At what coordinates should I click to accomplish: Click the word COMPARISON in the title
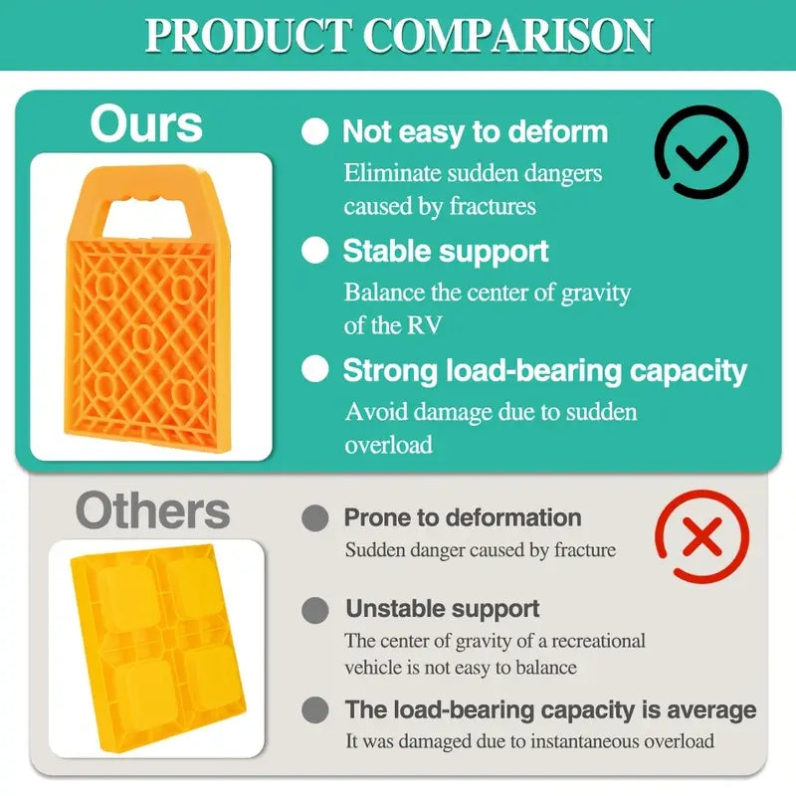tap(508, 36)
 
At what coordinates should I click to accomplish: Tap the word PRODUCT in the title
tap(248, 36)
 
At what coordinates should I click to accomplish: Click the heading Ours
tap(146, 124)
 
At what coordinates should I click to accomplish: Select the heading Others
tap(153, 510)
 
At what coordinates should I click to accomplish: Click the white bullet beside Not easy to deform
tap(314, 132)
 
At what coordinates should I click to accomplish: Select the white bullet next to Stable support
tap(314, 251)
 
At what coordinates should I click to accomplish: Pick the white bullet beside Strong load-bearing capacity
tap(314, 369)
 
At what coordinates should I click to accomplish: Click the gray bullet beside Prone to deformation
tap(314, 518)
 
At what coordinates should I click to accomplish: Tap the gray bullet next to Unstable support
tap(314, 610)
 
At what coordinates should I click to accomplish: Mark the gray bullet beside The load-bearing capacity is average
tap(314, 709)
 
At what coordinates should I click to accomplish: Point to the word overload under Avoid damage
tap(389, 445)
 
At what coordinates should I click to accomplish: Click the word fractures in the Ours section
tap(493, 207)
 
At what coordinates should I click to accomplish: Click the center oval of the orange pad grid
tap(142, 337)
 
